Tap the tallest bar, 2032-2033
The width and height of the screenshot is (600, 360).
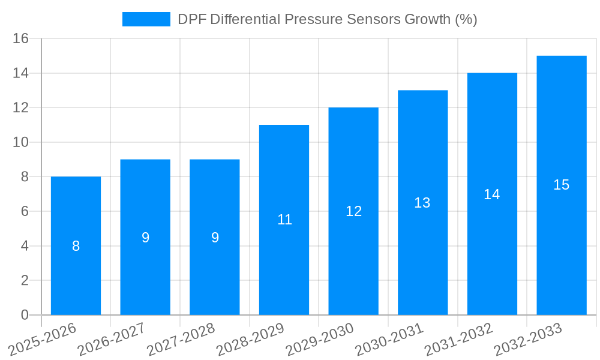(x=561, y=240)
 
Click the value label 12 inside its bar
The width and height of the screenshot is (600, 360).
(x=353, y=211)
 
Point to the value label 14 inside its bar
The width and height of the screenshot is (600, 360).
(x=492, y=194)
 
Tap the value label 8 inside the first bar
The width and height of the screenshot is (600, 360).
(x=76, y=246)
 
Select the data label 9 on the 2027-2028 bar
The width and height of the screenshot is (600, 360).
(x=215, y=238)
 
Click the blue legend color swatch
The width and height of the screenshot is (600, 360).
(x=146, y=19)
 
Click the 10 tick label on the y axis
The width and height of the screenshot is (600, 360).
(x=21, y=143)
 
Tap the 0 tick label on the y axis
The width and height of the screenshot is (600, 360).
(x=25, y=315)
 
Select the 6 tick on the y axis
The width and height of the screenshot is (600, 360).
(x=25, y=212)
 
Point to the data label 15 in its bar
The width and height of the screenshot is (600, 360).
(x=561, y=185)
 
